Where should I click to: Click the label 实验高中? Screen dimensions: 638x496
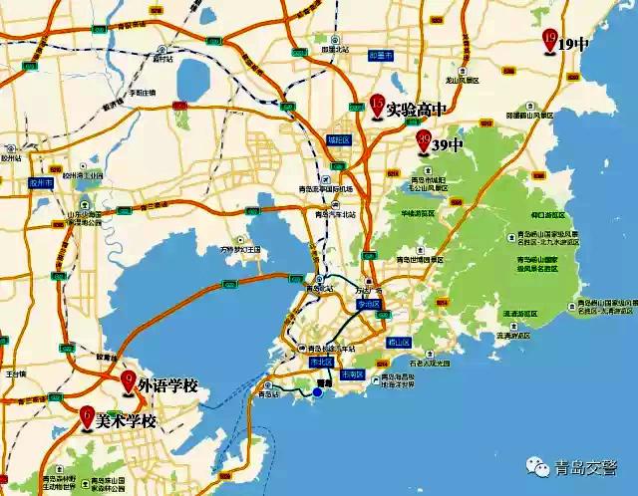point(417,109)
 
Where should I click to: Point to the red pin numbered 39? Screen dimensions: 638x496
point(423,140)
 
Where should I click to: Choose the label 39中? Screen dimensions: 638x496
point(448,146)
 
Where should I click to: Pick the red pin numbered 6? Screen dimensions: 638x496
point(87,415)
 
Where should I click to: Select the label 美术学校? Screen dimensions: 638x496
point(127,422)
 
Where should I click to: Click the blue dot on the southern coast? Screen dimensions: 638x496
point(317,392)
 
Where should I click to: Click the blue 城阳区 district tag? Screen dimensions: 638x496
point(340,140)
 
